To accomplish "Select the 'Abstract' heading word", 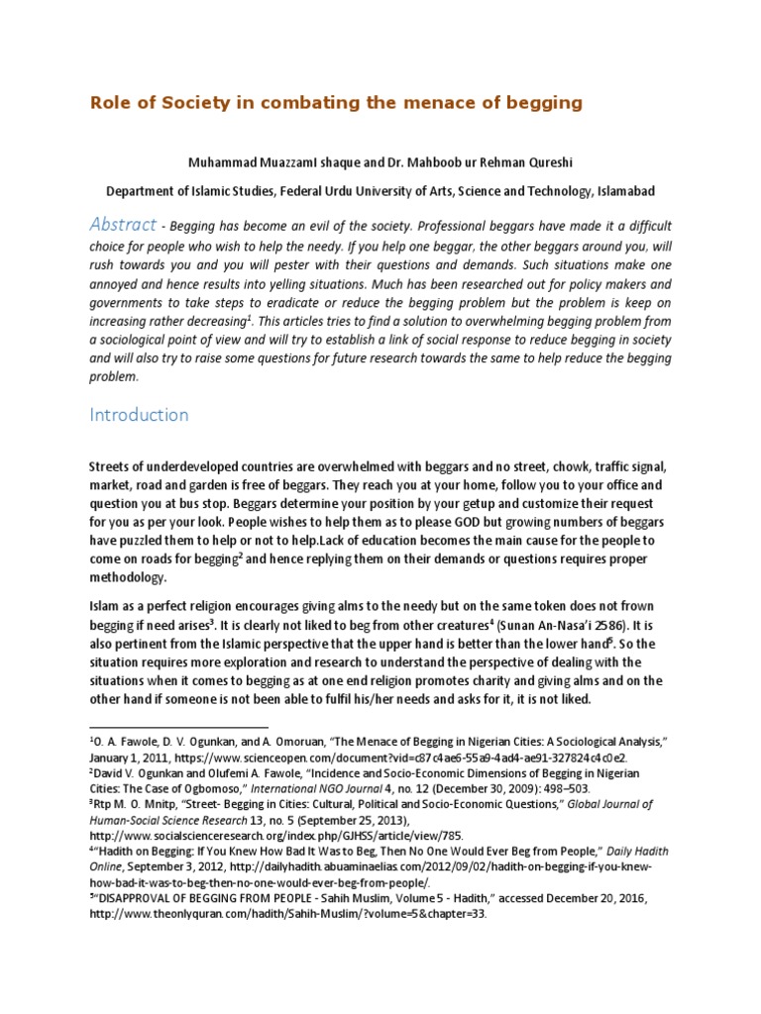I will coord(123,224).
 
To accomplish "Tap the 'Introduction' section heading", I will coord(139,415).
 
